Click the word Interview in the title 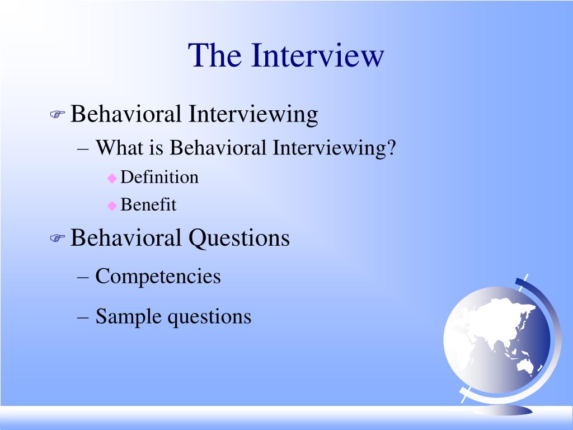point(318,55)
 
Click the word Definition point(159,177)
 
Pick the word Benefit point(148,205)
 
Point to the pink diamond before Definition point(112,178)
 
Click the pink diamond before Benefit point(112,205)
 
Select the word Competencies point(158,277)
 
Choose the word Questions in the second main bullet point(239,238)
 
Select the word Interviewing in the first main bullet point(253,115)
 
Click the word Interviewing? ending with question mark point(335,148)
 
